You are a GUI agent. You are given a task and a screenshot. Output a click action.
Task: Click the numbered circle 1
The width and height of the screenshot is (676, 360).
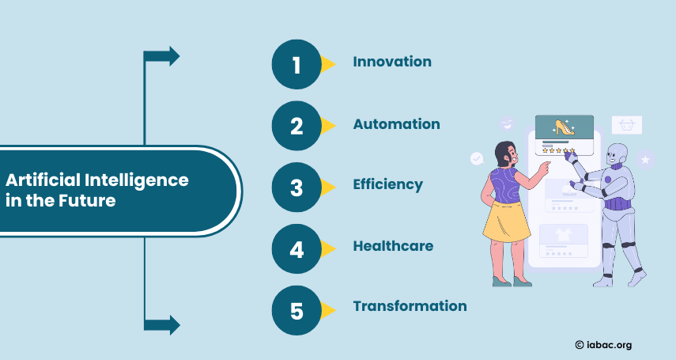coord(296,64)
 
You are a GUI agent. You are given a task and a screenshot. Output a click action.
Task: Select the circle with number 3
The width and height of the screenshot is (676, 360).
coord(296,188)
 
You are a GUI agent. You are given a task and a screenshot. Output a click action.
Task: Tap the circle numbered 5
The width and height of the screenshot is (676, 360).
coord(296,310)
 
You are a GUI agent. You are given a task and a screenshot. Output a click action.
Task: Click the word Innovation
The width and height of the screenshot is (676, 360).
coord(392,62)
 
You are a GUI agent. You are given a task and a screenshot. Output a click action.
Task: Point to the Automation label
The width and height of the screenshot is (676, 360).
coord(397,124)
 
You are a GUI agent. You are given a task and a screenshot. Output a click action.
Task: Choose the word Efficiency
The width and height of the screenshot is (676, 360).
coord(388,185)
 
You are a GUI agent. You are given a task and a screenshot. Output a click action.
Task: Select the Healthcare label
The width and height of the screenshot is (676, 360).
coord(393,246)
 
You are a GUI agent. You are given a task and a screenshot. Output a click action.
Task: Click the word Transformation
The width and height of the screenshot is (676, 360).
coord(410,306)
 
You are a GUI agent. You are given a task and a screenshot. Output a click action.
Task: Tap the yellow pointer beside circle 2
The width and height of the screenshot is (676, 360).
coord(328,126)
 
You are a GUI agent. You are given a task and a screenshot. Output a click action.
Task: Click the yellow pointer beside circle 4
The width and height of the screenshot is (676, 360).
coord(328,248)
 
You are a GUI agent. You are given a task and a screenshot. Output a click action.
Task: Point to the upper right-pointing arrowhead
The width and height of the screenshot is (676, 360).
coord(174,56)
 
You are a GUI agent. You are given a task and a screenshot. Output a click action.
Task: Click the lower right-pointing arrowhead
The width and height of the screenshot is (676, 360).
coord(174,325)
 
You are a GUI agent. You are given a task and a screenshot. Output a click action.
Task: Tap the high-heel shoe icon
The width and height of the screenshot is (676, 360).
coord(564,127)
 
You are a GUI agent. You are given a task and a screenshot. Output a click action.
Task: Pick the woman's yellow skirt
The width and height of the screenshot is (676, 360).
coord(507,221)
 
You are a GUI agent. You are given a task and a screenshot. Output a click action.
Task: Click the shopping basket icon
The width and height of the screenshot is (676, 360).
coord(627,125)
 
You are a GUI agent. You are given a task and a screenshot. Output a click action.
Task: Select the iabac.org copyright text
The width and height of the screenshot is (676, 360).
coord(603,345)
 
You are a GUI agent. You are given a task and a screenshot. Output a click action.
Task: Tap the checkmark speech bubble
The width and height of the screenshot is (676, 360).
coord(477,158)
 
